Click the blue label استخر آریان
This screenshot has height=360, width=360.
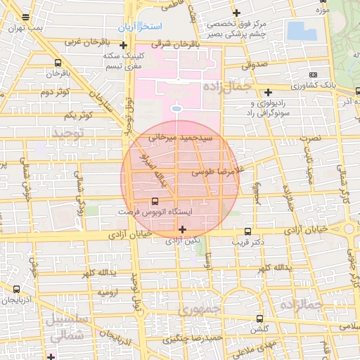tap(140, 26)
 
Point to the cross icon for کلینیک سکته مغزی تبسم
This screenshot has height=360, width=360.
tap(123, 46)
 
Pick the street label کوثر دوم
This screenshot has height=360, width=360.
tap(53, 93)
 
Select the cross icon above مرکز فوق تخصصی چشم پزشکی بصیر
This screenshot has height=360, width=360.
tap(236, 13)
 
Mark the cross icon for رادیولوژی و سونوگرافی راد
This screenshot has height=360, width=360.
tap(268, 91)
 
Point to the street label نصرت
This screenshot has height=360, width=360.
tap(309, 139)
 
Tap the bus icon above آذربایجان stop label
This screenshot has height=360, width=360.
tap(17, 288)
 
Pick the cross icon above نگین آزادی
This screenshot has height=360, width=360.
tap(183, 229)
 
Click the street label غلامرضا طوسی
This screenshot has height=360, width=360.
tap(212, 171)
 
